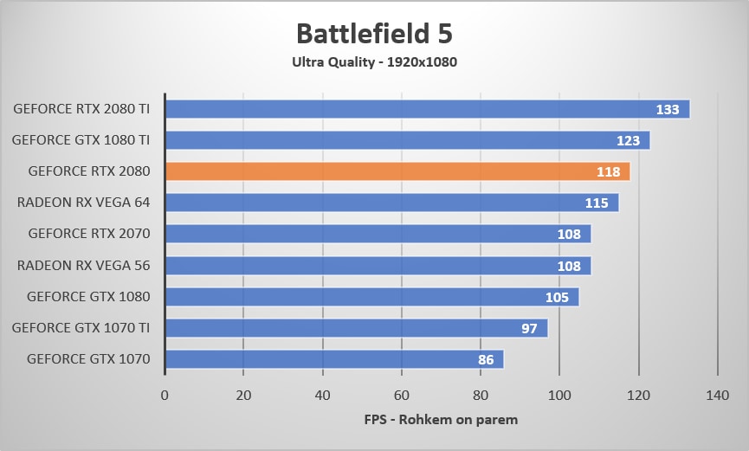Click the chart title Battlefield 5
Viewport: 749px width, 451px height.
pyautogui.click(x=374, y=33)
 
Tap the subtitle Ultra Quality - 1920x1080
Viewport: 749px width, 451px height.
pyautogui.click(x=374, y=61)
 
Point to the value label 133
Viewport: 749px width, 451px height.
pyautogui.click(x=667, y=109)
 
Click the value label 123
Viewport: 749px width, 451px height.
pyautogui.click(x=628, y=140)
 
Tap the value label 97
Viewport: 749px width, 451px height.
pyautogui.click(x=529, y=328)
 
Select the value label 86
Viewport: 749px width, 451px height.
pyautogui.click(x=486, y=359)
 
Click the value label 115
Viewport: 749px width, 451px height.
pyautogui.click(x=596, y=203)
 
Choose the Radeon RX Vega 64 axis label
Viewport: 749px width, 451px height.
pyautogui.click(x=84, y=203)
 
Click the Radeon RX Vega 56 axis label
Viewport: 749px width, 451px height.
pyautogui.click(x=84, y=265)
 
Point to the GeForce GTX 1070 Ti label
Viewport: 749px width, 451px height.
pyautogui.click(x=81, y=327)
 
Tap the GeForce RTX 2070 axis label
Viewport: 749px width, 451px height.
pyautogui.click(x=89, y=234)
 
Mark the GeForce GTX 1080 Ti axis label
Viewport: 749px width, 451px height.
pyautogui.click(x=81, y=140)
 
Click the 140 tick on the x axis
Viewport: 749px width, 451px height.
pyautogui.click(x=717, y=395)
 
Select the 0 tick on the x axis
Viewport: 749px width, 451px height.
pyautogui.click(x=165, y=395)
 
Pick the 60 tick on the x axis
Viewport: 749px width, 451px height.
pyautogui.click(x=401, y=395)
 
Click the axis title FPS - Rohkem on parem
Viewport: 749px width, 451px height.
pyautogui.click(x=441, y=421)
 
